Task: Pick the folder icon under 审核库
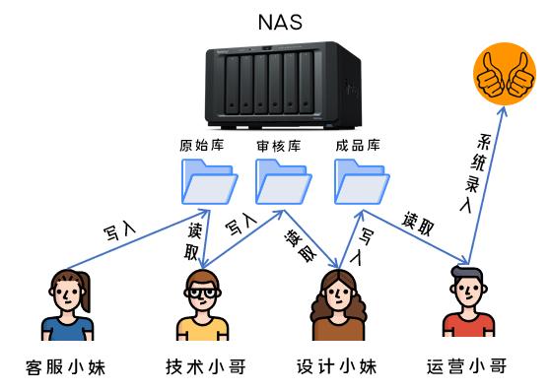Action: coord(281,180)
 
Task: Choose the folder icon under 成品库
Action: coord(359,180)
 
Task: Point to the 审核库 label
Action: coord(279,145)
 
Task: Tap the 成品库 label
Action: coord(357,145)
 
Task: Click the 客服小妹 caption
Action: coord(65,368)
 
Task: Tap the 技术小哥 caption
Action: coord(204,368)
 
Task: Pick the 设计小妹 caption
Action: coord(337,368)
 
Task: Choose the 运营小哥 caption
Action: coord(468,368)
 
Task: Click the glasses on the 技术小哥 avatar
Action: coord(203,293)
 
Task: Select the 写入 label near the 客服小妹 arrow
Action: coord(120,233)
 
